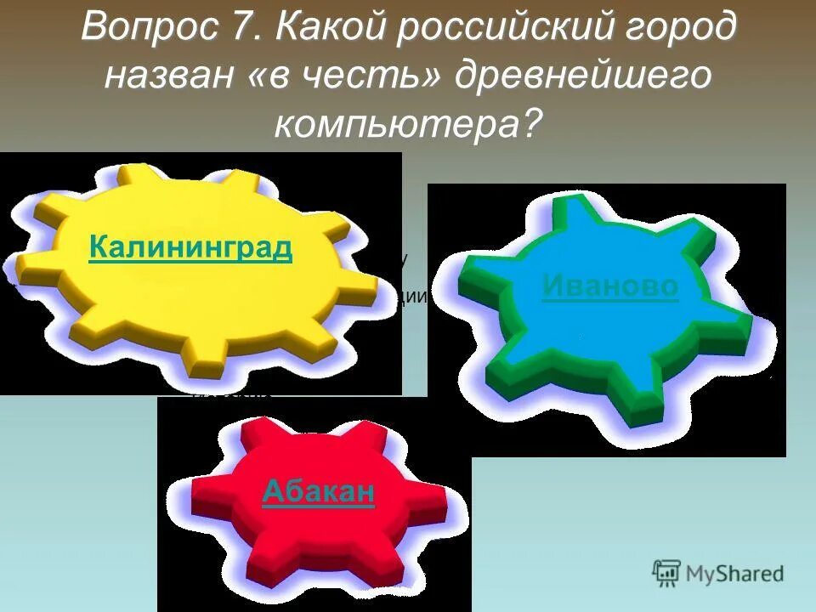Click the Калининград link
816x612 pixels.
click(190, 248)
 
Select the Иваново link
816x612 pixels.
click(610, 286)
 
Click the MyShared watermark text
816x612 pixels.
click(735, 574)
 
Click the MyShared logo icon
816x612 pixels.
click(666, 573)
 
